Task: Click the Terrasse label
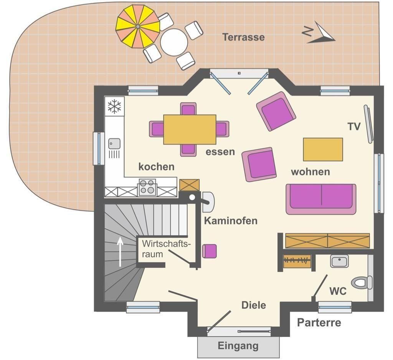243,37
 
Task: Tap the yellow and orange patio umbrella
138,26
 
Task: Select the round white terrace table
174,42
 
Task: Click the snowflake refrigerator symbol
114,106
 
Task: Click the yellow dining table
190,129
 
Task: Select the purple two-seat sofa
321,199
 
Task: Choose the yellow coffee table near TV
323,149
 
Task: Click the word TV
354,127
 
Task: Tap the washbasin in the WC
339,261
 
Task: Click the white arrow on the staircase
120,251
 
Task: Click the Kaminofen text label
231,221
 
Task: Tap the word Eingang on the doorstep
238,346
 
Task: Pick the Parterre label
319,322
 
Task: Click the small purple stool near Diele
209,251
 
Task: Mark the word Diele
254,305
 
